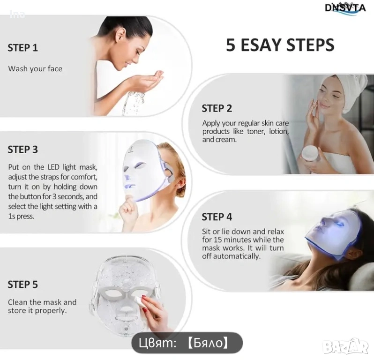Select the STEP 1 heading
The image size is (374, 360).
[22, 48]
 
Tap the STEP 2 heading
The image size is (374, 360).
[217, 108]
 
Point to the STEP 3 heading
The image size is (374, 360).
[22, 150]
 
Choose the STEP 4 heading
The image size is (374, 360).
[217, 217]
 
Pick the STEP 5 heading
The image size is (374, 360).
[22, 285]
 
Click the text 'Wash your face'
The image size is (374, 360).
[35, 69]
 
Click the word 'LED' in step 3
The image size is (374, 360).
[54, 167]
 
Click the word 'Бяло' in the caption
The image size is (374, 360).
[207, 343]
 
